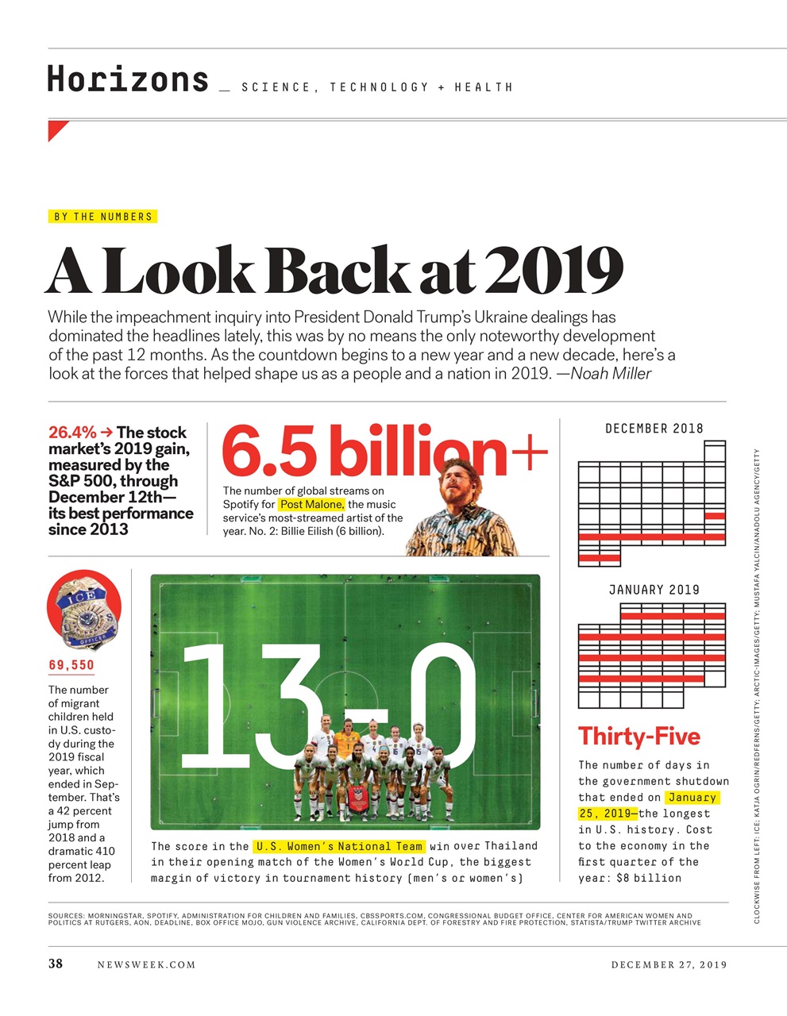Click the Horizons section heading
127,79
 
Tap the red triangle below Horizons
56,129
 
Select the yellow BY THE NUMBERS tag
102,217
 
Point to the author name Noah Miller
611,374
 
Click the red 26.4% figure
72,433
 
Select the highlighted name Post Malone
311,505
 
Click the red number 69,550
71,665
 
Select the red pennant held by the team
359,797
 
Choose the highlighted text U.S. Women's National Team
339,846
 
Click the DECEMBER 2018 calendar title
654,429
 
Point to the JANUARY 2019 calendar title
654,590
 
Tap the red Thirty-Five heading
638,737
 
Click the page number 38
56,964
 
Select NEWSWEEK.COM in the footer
146,965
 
